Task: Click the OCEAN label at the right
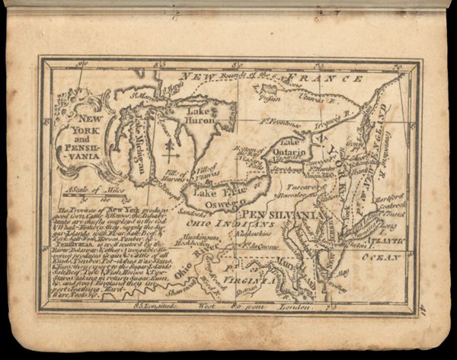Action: click(x=385, y=258)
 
